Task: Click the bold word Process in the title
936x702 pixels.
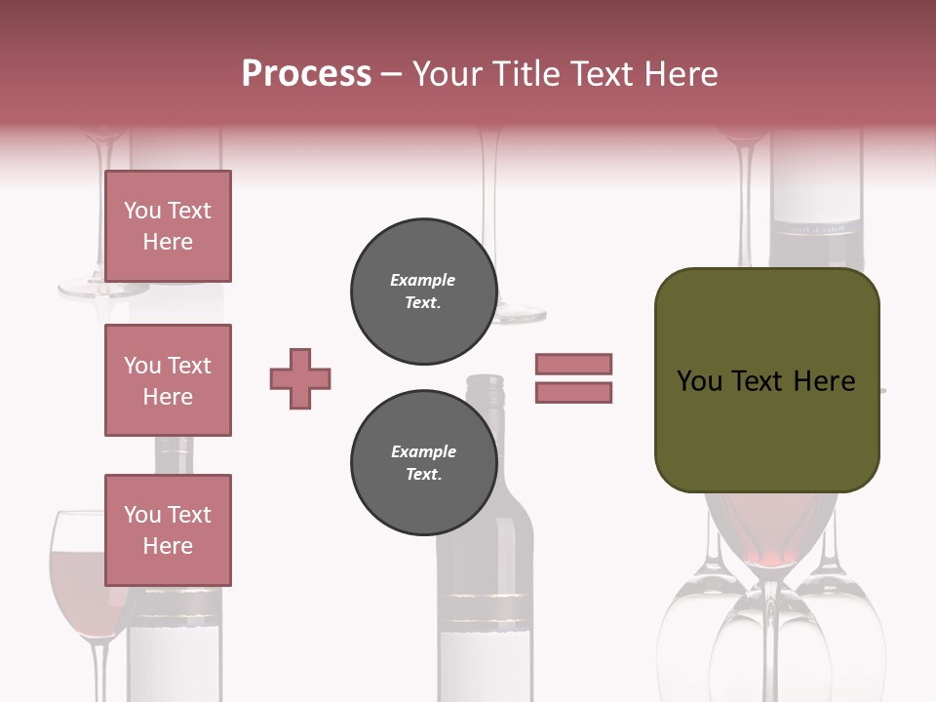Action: (306, 74)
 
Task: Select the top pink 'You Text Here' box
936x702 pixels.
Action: (168, 226)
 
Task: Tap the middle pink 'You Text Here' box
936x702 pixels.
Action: (168, 380)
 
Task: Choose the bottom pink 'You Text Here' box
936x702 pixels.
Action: (168, 530)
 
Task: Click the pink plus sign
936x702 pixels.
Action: (300, 378)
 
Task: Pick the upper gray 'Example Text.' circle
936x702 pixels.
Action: (423, 292)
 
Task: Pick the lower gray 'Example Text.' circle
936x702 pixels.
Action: (423, 463)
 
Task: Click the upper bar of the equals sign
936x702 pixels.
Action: (573, 364)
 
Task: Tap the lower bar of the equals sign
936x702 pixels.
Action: (573, 392)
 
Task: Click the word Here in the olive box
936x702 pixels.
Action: (824, 381)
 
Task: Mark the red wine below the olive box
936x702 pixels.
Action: (767, 531)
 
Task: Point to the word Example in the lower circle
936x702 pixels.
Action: (423, 451)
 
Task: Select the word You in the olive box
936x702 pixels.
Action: (698, 381)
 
